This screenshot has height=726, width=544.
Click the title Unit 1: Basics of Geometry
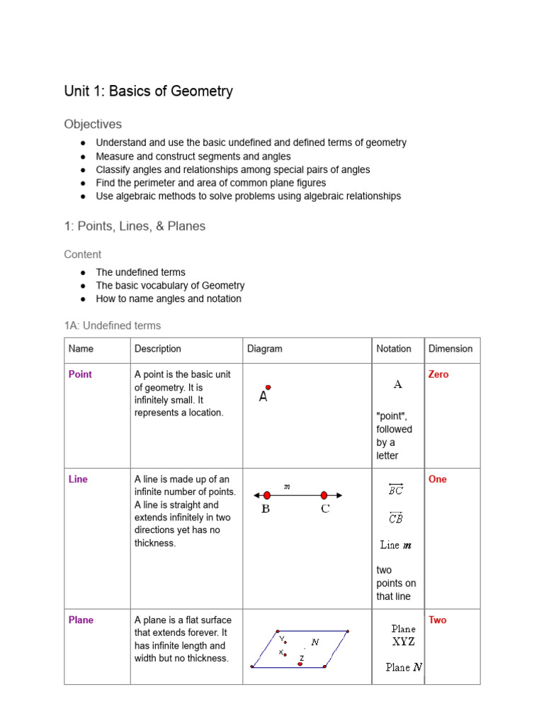click(148, 91)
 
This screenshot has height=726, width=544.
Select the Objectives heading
click(93, 124)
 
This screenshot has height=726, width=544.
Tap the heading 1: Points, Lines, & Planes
click(135, 226)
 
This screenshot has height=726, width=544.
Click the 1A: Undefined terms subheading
click(112, 325)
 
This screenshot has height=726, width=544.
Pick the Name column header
click(81, 349)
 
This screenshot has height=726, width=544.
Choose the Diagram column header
click(264, 349)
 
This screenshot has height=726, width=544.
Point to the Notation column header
click(393, 349)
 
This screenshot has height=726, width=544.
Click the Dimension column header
click(450, 349)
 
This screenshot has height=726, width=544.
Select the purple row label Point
click(80, 374)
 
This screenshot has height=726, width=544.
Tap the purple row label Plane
click(81, 620)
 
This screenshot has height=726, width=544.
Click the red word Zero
click(438, 374)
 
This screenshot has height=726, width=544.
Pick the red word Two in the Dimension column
click(437, 620)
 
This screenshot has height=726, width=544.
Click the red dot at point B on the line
click(266, 496)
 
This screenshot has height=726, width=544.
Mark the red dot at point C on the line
click(324, 496)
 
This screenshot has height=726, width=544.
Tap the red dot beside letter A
click(268, 388)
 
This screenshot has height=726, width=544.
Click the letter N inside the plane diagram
click(315, 642)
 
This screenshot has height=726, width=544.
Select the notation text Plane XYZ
click(403, 635)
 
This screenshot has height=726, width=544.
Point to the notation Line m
click(395, 545)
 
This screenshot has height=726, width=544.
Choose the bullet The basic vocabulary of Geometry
click(170, 285)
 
